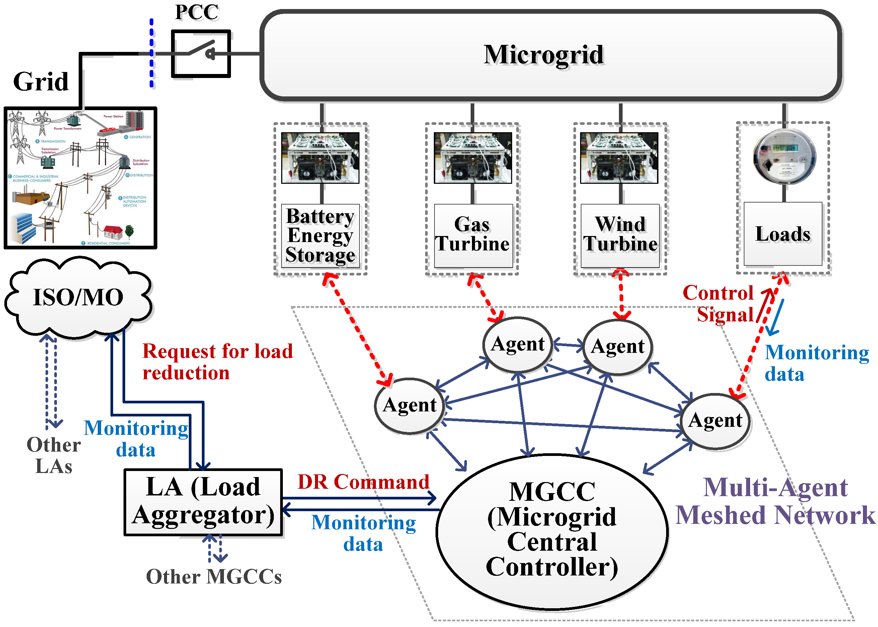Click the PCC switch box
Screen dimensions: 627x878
click(x=201, y=54)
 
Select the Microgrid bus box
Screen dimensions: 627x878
click(x=551, y=55)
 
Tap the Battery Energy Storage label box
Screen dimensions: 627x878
click(x=320, y=236)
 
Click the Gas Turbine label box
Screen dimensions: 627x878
click(x=473, y=236)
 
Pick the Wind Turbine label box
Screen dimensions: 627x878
click(x=620, y=236)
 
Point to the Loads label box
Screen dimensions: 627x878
click(x=783, y=234)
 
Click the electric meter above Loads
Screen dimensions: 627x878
click(x=785, y=157)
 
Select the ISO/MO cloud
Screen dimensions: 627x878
click(x=78, y=297)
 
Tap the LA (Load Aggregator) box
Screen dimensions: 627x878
click(x=203, y=502)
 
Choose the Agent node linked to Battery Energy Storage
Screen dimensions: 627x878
click(x=410, y=405)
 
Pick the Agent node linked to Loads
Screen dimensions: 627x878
click(x=715, y=421)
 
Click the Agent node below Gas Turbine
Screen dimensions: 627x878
click(x=517, y=344)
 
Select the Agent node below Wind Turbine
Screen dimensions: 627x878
click(x=617, y=347)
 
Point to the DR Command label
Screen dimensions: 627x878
click(x=363, y=482)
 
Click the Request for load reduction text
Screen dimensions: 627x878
click(x=217, y=362)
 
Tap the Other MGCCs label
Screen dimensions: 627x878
click(x=214, y=576)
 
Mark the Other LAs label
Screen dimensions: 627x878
click(x=54, y=455)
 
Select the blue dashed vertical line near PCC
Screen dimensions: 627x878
click(x=152, y=54)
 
